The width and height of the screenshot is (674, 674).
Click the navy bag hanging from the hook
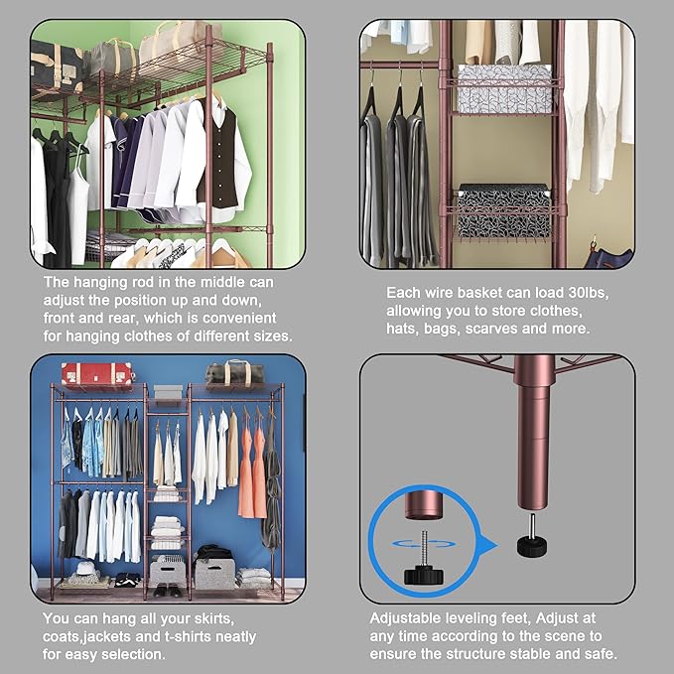(607, 256)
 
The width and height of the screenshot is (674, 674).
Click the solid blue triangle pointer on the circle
(487, 544)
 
